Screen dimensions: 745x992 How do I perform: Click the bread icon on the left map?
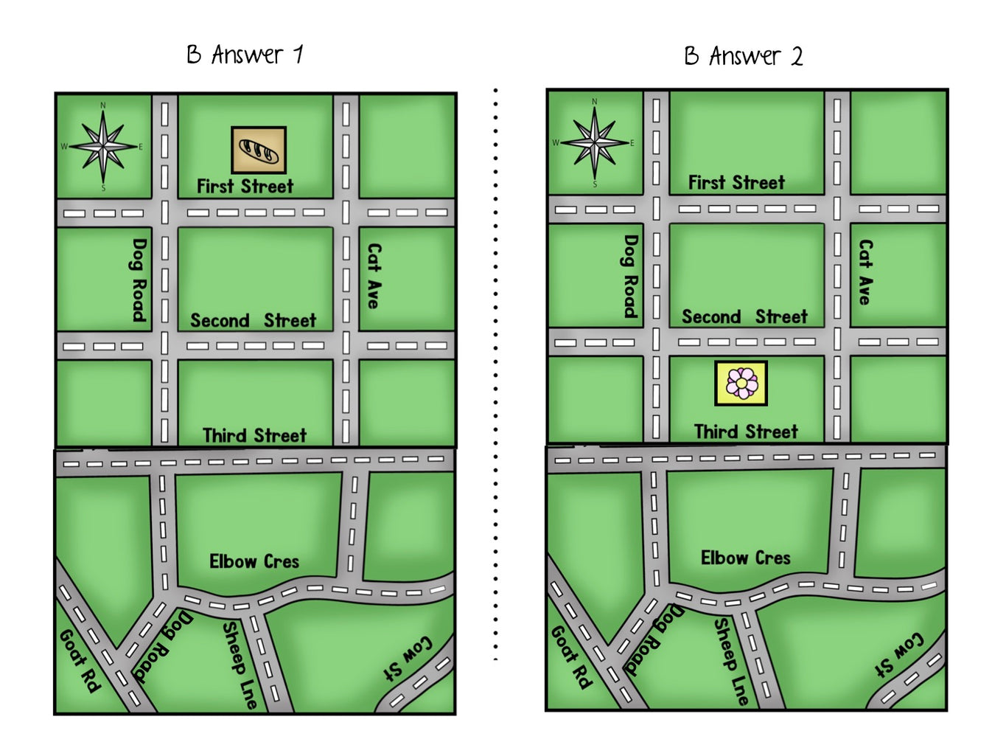click(259, 150)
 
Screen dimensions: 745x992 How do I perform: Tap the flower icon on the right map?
click(741, 383)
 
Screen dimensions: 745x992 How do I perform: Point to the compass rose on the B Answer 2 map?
click(595, 142)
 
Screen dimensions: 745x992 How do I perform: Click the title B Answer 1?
click(245, 55)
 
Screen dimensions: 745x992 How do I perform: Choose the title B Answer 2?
click(743, 56)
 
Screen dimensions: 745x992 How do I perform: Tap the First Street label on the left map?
click(245, 186)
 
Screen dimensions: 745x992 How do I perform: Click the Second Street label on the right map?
click(744, 317)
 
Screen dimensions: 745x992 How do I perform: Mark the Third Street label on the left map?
click(254, 435)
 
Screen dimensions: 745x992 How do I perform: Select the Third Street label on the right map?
click(746, 432)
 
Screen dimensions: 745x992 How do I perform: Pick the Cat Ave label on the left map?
click(374, 275)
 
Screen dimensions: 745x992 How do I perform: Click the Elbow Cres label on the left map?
click(254, 561)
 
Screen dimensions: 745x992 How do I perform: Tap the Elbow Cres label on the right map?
click(745, 558)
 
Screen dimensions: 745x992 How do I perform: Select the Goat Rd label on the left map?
click(79, 660)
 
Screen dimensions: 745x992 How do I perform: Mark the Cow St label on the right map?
click(898, 654)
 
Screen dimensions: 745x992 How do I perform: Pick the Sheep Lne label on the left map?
click(240, 665)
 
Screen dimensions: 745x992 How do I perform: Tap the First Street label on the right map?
click(736, 182)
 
